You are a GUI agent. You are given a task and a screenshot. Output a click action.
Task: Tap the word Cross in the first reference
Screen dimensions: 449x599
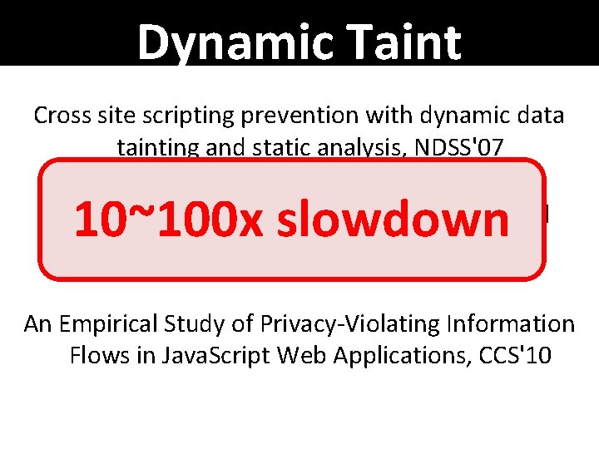click(x=59, y=115)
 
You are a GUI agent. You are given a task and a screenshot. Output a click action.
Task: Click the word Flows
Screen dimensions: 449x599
click(x=93, y=355)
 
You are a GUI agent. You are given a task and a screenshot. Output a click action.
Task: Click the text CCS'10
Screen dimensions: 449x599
click(x=515, y=355)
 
